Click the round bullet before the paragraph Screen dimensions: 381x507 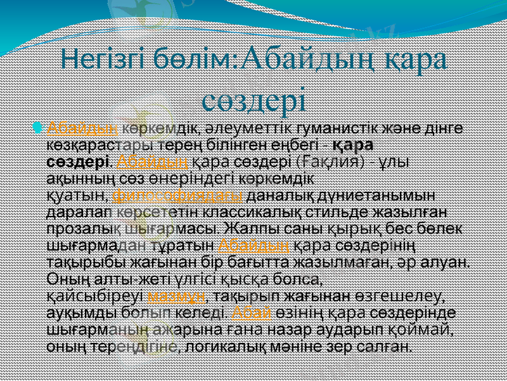pyautogui.click(x=39, y=129)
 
